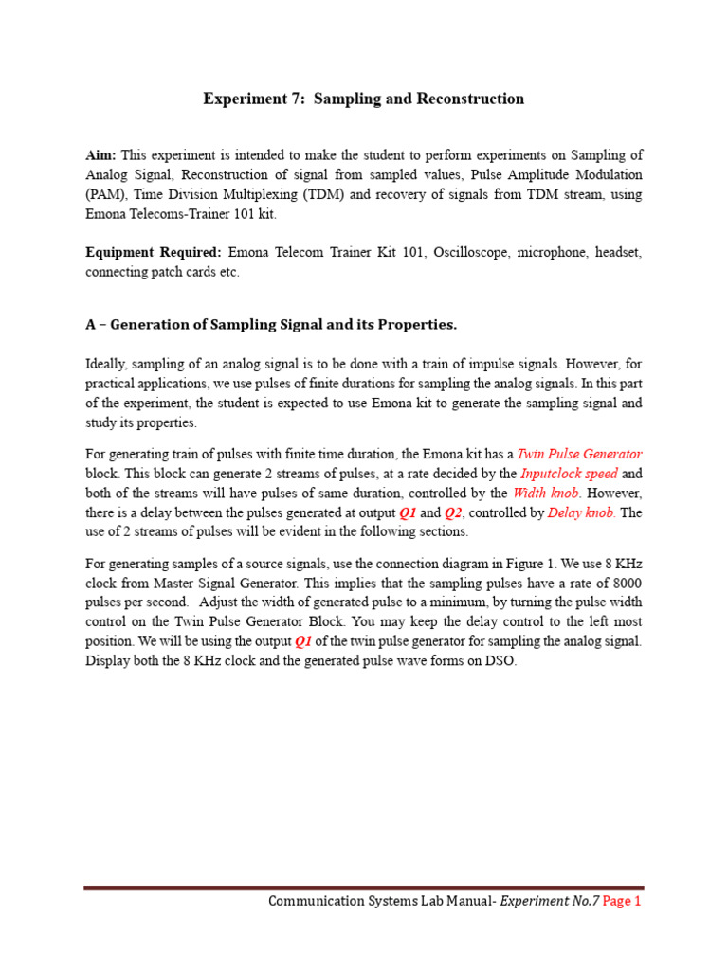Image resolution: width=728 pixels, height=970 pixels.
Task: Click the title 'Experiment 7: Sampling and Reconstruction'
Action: pyautogui.click(x=363, y=99)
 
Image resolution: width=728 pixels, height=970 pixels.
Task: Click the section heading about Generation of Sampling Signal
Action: pyautogui.click(x=271, y=325)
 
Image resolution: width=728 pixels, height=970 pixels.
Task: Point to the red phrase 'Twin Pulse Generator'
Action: pyautogui.click(x=579, y=454)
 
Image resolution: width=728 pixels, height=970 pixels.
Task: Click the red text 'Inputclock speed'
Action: pyautogui.click(x=569, y=473)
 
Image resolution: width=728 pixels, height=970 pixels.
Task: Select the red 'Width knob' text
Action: pyautogui.click(x=546, y=493)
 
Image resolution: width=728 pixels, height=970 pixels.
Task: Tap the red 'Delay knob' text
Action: pyautogui.click(x=582, y=512)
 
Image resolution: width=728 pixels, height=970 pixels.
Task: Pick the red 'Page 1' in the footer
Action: pyautogui.click(x=622, y=902)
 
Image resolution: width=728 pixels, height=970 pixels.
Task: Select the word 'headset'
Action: pyautogui.click(x=618, y=253)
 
